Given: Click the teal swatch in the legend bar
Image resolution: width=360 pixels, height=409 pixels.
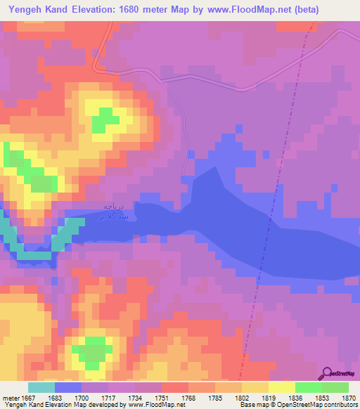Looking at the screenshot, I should click(x=41, y=387).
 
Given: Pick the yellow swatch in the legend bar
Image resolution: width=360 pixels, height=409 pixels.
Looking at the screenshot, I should click(x=281, y=387).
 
